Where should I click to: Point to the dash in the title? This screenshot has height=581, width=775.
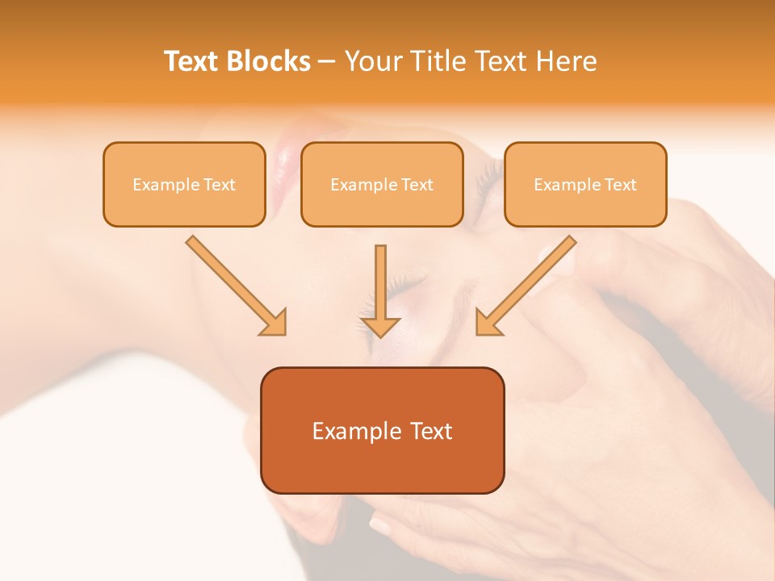coord(327,62)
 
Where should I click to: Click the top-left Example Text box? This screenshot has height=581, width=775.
coord(184,184)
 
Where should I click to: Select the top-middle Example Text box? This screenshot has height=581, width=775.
coord(382,184)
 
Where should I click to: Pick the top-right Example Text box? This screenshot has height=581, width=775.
coord(585,184)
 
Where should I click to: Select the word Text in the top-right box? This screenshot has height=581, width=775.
coord(620,185)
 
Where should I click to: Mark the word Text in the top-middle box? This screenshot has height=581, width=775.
coord(417,185)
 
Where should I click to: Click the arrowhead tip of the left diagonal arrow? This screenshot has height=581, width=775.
coord(283,333)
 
